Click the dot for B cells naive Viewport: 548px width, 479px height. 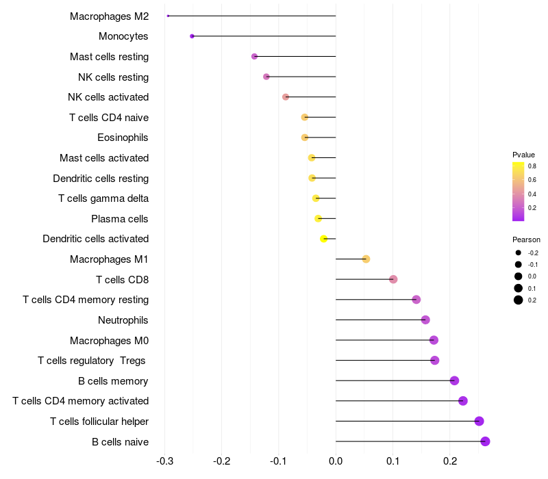(485, 441)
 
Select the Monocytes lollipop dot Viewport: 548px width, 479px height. (192, 36)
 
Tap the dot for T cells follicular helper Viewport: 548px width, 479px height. (479, 421)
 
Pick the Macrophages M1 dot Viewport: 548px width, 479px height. (366, 259)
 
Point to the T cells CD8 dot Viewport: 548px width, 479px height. (393, 279)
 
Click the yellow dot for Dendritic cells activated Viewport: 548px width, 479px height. (324, 239)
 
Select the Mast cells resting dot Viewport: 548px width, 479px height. (254, 57)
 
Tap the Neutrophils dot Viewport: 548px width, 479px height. (425, 320)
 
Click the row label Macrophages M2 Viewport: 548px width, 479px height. (109, 16)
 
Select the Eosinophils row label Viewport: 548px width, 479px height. (123, 138)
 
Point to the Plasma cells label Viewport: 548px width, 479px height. (120, 219)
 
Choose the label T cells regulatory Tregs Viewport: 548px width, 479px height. (92, 361)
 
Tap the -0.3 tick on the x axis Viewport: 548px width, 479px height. (164, 462)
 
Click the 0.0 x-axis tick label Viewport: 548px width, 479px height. (336, 462)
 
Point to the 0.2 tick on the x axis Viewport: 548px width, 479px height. (449, 462)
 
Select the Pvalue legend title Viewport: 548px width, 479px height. (523, 155)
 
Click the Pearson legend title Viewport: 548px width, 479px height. (526, 239)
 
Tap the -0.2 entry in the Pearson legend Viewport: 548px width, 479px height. (532, 253)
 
